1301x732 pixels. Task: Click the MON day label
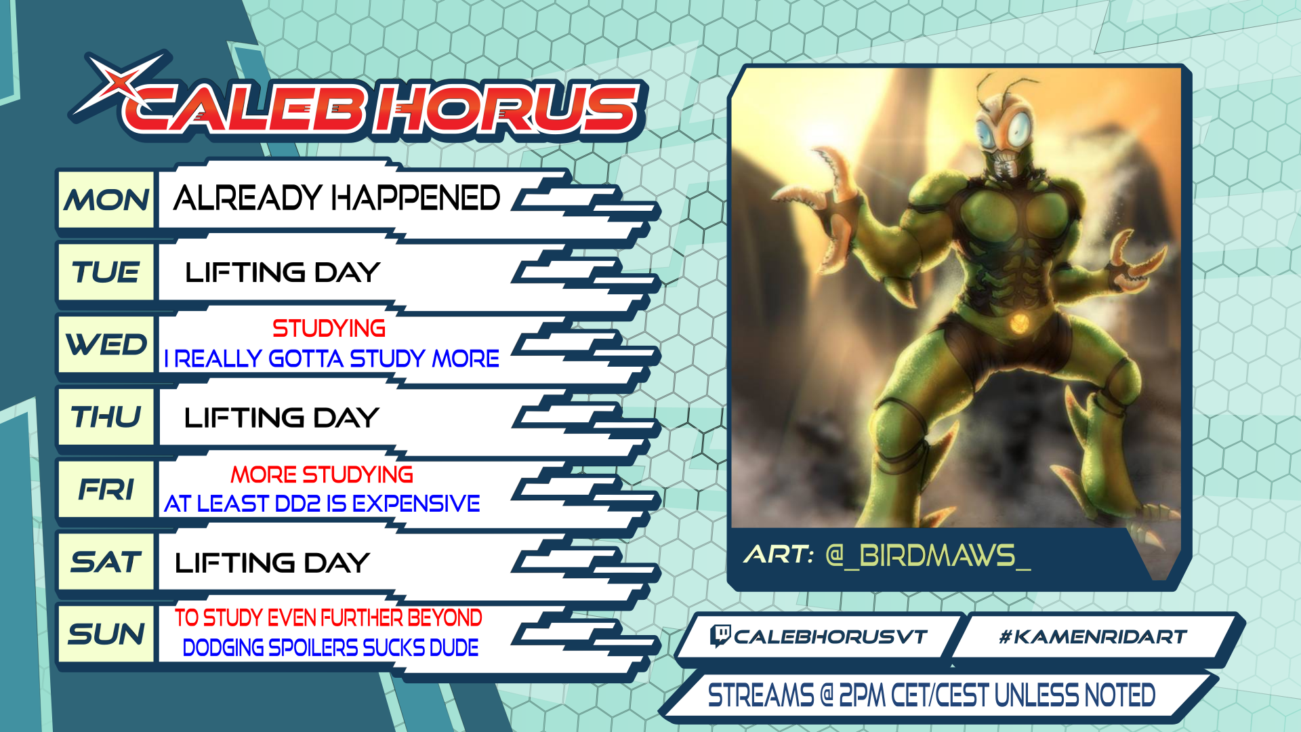pos(106,201)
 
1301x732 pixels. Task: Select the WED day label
pos(106,344)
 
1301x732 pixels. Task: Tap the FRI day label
pos(106,489)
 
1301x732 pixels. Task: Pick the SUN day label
pos(106,634)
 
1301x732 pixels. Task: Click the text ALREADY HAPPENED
pos(337,198)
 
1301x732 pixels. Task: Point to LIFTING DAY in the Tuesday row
pos(283,272)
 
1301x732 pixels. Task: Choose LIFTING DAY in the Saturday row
pos(272,563)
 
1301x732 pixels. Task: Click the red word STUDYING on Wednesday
pos(329,329)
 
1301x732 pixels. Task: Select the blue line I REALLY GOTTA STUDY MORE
pos(332,359)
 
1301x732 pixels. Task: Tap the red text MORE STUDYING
pos(322,474)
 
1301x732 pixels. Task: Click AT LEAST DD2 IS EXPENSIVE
pos(323,504)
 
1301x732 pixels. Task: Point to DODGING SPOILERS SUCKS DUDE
pos(331,648)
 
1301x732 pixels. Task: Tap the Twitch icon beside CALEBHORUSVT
pos(720,636)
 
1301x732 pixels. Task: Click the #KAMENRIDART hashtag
pos(1093,636)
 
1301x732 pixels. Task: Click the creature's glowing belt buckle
pos(1018,325)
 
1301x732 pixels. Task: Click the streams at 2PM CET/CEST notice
pos(932,695)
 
